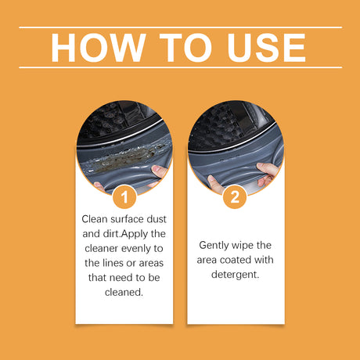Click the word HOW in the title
[x=99, y=48]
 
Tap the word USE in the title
[x=266, y=48]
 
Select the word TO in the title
[x=185, y=48]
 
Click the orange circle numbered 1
[x=124, y=196]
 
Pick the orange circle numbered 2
[x=235, y=196]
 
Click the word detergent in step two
[x=236, y=275]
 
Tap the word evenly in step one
[x=136, y=249]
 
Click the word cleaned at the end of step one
[x=124, y=292]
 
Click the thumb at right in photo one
[x=158, y=171]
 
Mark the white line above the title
[x=180, y=27]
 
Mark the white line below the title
[x=180, y=67]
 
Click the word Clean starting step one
[x=95, y=219]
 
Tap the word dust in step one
[x=157, y=219]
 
